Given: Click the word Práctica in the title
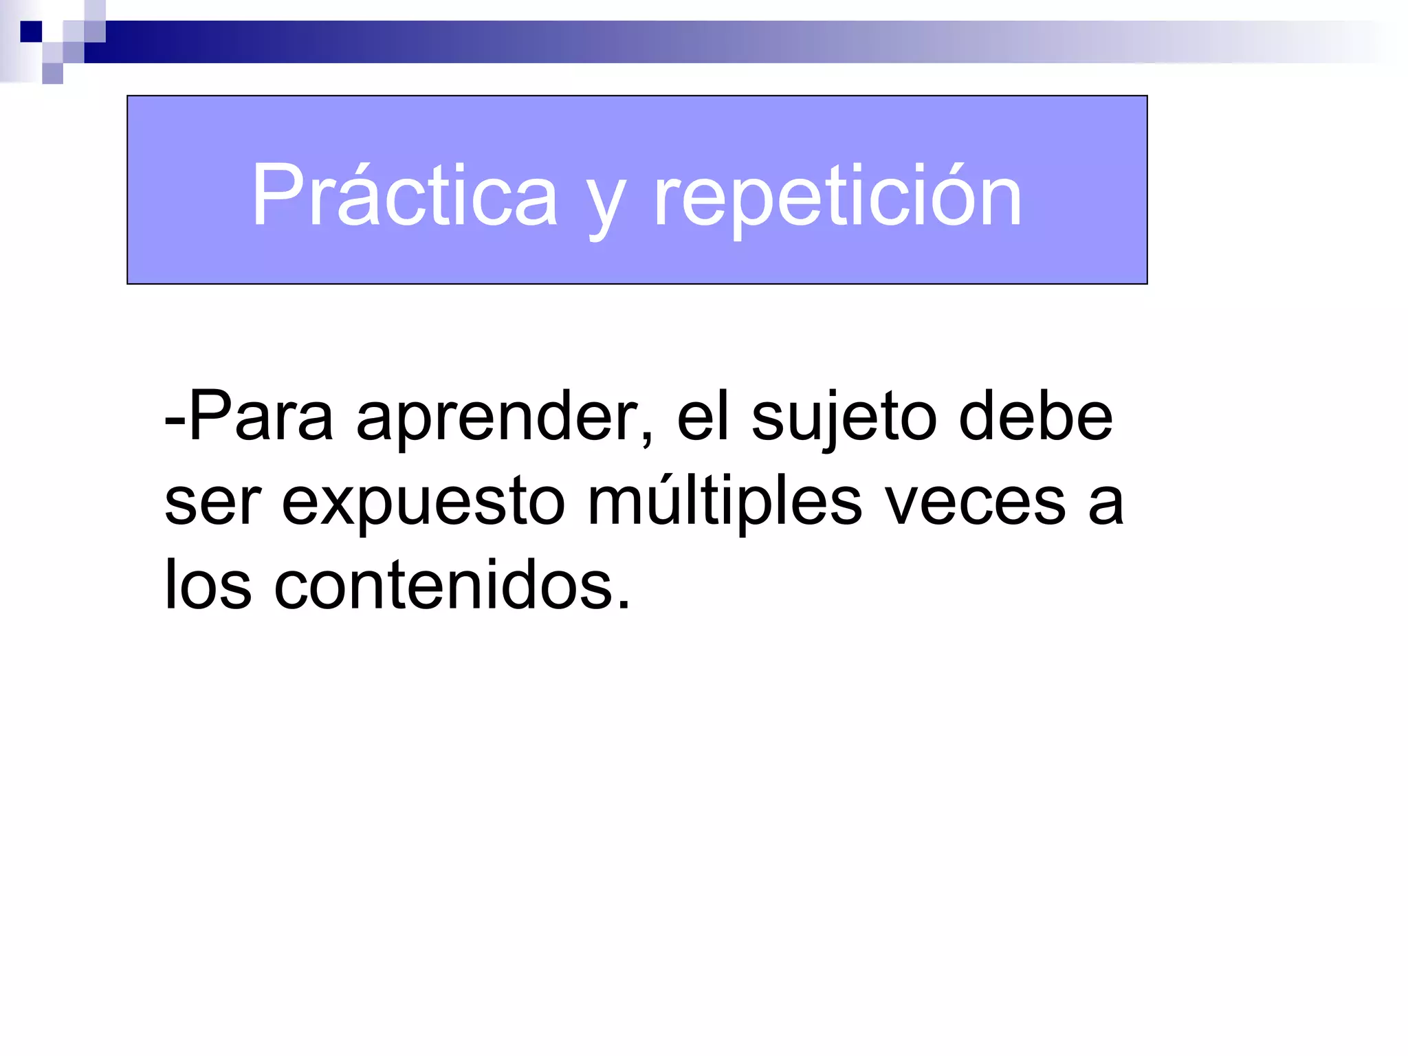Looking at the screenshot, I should coord(404,195).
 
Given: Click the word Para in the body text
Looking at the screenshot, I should coord(261,417).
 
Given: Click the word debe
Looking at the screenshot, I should coord(1035,417).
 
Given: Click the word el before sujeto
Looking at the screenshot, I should coord(702,417).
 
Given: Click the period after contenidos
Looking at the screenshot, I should coord(623,605).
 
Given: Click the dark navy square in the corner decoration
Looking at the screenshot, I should coord(32,32).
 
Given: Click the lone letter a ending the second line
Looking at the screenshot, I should coord(1105,505).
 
